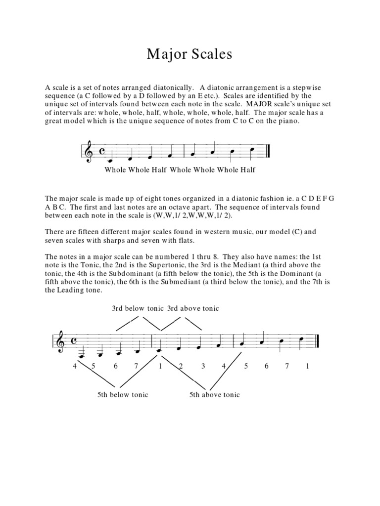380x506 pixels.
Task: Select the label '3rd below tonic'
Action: tap(138, 308)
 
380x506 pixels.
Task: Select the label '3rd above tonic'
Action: tap(193, 308)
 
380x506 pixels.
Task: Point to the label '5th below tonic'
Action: tap(123, 394)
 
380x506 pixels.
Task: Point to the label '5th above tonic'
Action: tap(214, 394)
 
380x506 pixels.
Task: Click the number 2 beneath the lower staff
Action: tap(181, 366)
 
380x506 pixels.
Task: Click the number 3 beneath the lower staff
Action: tap(203, 366)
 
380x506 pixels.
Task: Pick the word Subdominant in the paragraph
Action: tap(119, 274)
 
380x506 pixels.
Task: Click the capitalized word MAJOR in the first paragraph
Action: tap(265, 104)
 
